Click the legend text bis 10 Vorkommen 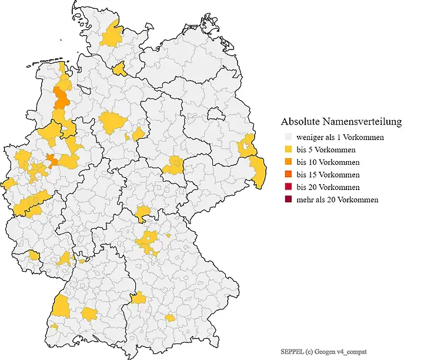[328, 162]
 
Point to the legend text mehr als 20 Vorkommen [337, 199]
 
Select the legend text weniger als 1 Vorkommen [340, 137]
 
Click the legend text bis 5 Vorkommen [326, 149]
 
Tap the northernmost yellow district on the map [111, 36]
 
